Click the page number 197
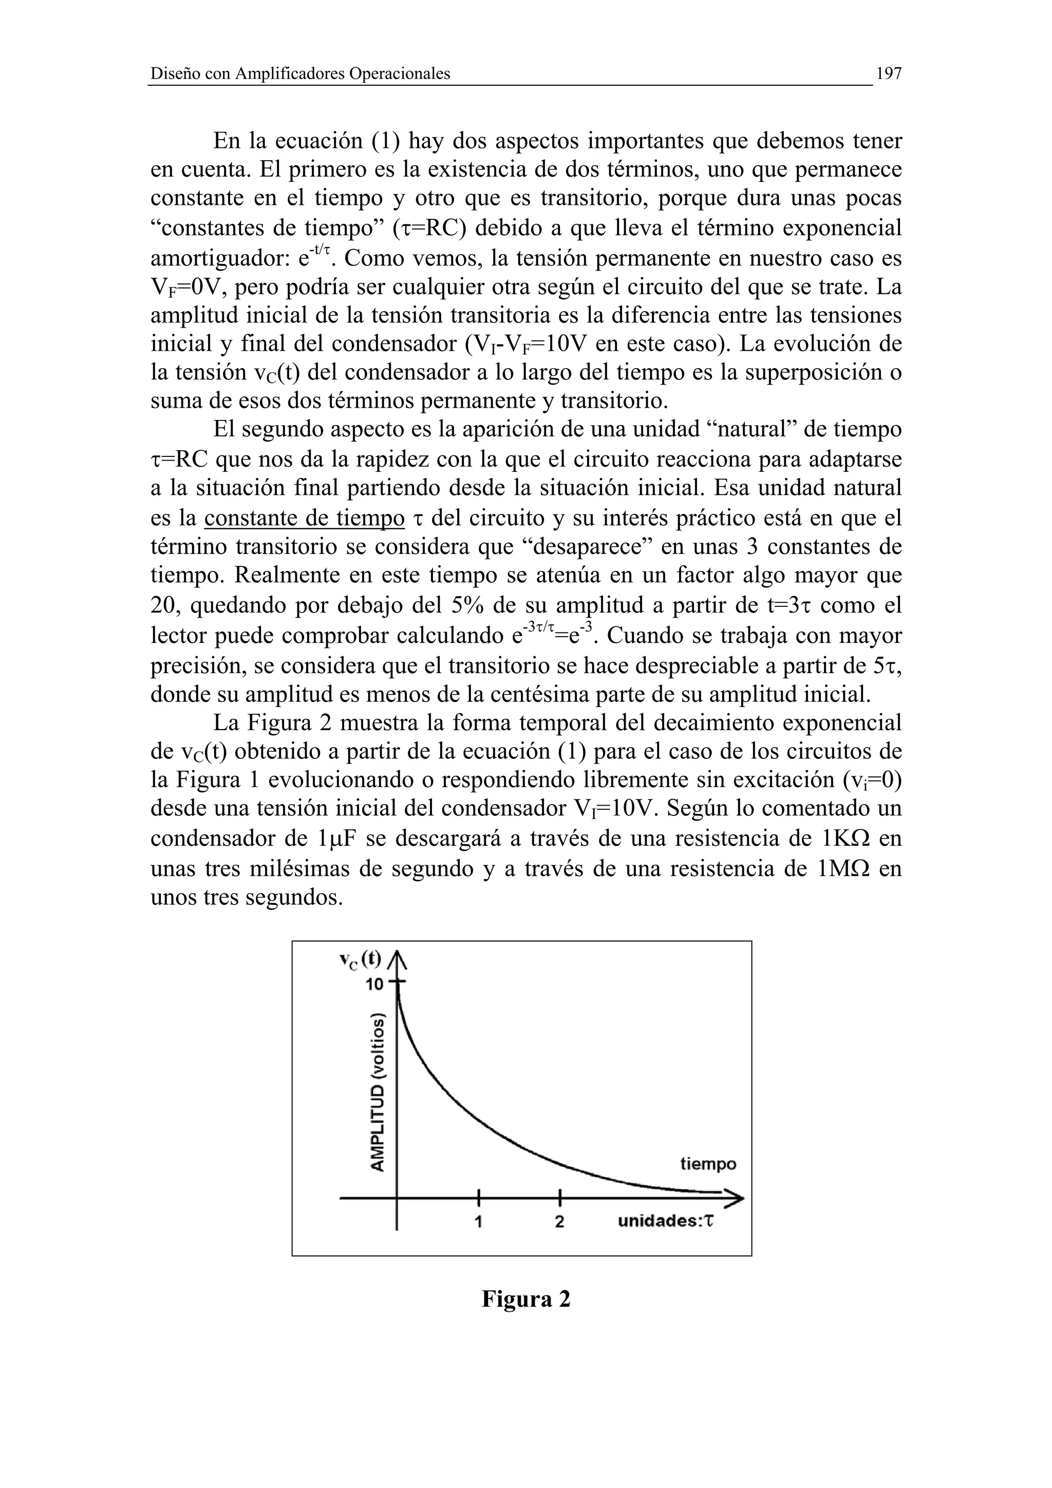click(888, 74)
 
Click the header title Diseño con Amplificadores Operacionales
click(300, 74)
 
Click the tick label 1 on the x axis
click(478, 1222)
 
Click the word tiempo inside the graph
click(708, 1164)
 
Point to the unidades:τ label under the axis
click(665, 1221)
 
